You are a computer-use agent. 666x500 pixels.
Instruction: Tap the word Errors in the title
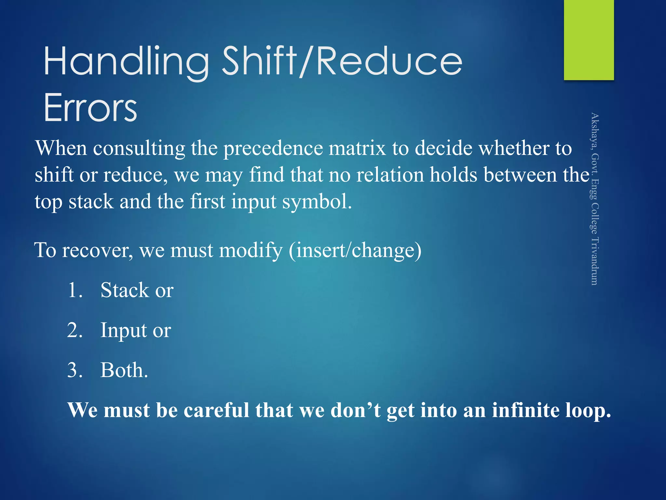point(90,107)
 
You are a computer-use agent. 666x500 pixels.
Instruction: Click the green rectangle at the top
point(589,40)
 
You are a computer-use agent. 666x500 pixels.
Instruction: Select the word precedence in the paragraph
point(273,148)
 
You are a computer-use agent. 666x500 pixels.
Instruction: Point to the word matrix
point(357,148)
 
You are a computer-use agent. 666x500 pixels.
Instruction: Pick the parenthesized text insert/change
point(355,251)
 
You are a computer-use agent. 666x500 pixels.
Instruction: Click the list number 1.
point(75,290)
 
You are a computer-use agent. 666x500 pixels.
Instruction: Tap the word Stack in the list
point(124,290)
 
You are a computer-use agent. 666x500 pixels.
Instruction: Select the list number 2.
point(75,330)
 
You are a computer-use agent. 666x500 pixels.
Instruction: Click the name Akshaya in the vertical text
point(595,132)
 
